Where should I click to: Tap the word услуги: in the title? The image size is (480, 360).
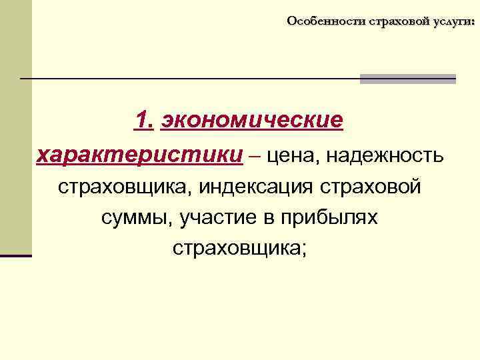tap(454, 21)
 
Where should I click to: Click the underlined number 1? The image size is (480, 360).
tap(144, 121)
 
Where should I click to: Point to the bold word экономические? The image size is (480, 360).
tap(252, 121)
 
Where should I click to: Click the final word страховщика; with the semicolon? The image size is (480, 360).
tap(239, 248)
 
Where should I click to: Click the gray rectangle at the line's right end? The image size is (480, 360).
tap(407, 79)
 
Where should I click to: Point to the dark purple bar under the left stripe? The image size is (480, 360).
tap(16, 255)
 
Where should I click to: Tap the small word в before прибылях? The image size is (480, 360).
tap(270, 217)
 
